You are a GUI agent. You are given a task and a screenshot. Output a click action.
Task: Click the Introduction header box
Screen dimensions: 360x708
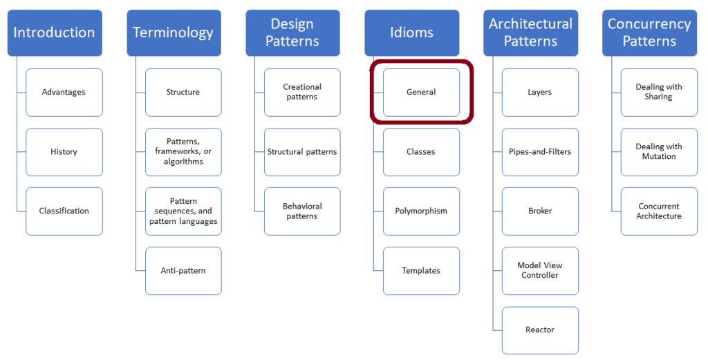pyautogui.click(x=55, y=32)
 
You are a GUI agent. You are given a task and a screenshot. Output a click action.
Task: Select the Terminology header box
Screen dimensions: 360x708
pyautogui.click(x=174, y=32)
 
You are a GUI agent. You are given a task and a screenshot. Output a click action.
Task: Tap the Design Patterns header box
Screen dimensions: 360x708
pyautogui.click(x=292, y=32)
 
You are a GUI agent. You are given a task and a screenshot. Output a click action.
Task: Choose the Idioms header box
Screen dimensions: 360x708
pyautogui.click(x=411, y=32)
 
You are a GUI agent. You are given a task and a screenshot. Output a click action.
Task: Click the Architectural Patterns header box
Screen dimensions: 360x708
pyautogui.click(x=530, y=32)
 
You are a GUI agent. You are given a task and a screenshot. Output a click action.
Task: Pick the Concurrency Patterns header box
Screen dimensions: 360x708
pyautogui.click(x=649, y=32)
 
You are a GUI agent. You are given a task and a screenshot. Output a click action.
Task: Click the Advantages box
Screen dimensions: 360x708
pyautogui.click(x=64, y=92)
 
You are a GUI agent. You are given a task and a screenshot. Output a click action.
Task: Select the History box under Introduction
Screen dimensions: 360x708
pyautogui.click(x=64, y=151)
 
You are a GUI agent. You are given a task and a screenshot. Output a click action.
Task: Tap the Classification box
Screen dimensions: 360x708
pyautogui.click(x=64, y=211)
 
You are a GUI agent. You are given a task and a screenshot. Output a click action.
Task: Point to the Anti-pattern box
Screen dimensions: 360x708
pyautogui.click(x=183, y=270)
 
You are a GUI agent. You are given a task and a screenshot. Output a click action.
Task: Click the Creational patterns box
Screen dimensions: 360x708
pyautogui.click(x=302, y=92)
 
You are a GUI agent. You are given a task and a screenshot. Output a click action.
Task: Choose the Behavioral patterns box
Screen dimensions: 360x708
pyautogui.click(x=302, y=211)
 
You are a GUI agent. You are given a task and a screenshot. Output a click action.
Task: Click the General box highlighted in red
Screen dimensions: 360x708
pyautogui.click(x=421, y=92)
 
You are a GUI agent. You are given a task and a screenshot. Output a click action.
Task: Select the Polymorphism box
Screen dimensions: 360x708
pyautogui.click(x=421, y=211)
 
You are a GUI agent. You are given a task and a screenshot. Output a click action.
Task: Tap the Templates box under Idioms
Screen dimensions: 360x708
pyautogui.click(x=421, y=270)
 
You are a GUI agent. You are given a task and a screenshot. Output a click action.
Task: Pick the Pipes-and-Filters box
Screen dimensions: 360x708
pyautogui.click(x=540, y=151)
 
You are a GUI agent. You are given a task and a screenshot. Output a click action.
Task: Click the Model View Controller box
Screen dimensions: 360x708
pyautogui.click(x=540, y=270)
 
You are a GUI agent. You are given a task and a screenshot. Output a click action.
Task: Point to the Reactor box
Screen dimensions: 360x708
pyautogui.click(x=540, y=330)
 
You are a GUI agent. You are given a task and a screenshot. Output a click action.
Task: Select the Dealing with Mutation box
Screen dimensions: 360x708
pyautogui.click(x=659, y=151)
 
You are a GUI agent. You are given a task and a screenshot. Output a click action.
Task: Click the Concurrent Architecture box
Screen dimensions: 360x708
pyautogui.click(x=659, y=211)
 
